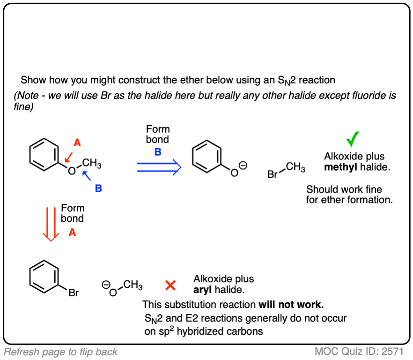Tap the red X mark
(x=171, y=285)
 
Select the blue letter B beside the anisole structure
(x=98, y=188)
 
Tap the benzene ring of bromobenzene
(x=44, y=276)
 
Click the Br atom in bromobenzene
(x=74, y=293)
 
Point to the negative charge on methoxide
(x=106, y=284)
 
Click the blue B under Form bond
(x=158, y=151)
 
